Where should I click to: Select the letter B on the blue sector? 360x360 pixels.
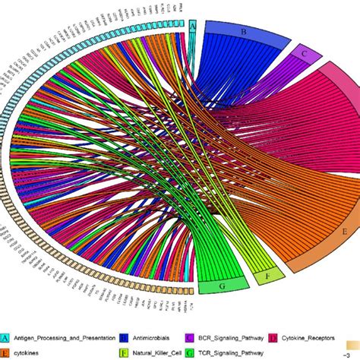point(244,32)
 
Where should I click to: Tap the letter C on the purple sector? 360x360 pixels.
point(303,53)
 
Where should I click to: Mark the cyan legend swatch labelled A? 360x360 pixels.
point(5,336)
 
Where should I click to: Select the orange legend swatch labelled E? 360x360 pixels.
point(5,352)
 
